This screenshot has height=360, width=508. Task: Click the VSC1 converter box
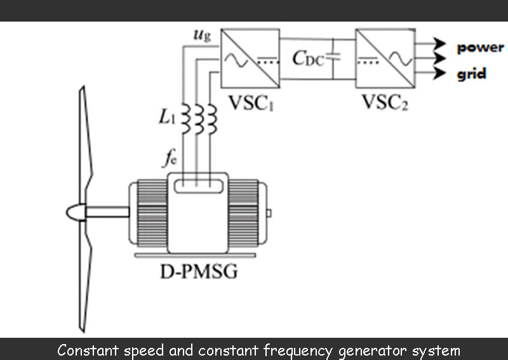[250, 58]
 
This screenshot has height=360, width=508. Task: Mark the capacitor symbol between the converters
[335, 58]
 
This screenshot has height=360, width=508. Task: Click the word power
[480, 48]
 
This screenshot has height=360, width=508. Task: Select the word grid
[472, 74]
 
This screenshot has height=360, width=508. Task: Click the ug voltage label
[202, 35]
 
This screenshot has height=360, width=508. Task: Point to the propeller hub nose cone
[76, 213]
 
